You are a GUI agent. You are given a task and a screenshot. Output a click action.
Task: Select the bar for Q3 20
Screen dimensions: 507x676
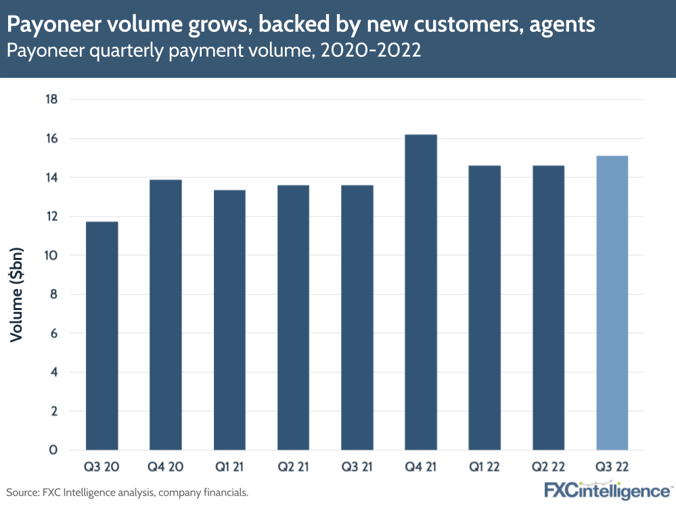[x=102, y=336]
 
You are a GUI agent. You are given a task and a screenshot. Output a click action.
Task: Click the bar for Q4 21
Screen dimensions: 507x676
[x=421, y=292]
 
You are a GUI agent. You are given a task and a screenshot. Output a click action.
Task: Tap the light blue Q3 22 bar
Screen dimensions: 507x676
[x=612, y=303]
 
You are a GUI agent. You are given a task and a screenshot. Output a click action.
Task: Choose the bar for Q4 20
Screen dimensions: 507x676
[x=166, y=315]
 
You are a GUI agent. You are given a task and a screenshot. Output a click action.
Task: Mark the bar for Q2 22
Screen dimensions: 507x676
[x=549, y=308]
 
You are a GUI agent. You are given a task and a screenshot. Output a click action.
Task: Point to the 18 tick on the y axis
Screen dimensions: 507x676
[x=51, y=100]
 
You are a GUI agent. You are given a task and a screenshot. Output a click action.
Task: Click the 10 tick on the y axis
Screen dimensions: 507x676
[x=51, y=255]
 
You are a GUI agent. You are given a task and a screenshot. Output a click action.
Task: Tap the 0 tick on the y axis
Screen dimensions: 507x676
[x=53, y=450]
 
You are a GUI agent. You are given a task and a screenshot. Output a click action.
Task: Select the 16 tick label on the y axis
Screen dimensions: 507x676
[x=51, y=139]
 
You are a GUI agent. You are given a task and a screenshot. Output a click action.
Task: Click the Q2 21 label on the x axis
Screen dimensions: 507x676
[x=293, y=468]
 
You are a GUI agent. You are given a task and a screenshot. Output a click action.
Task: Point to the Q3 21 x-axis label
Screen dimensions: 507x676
[x=357, y=468]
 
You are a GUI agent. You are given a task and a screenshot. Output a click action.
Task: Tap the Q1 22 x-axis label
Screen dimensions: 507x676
[x=485, y=468]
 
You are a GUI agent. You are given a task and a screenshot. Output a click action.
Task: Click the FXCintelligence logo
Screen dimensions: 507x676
[x=607, y=490]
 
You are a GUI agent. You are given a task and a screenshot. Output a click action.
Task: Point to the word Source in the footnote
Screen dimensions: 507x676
[x=22, y=492]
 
